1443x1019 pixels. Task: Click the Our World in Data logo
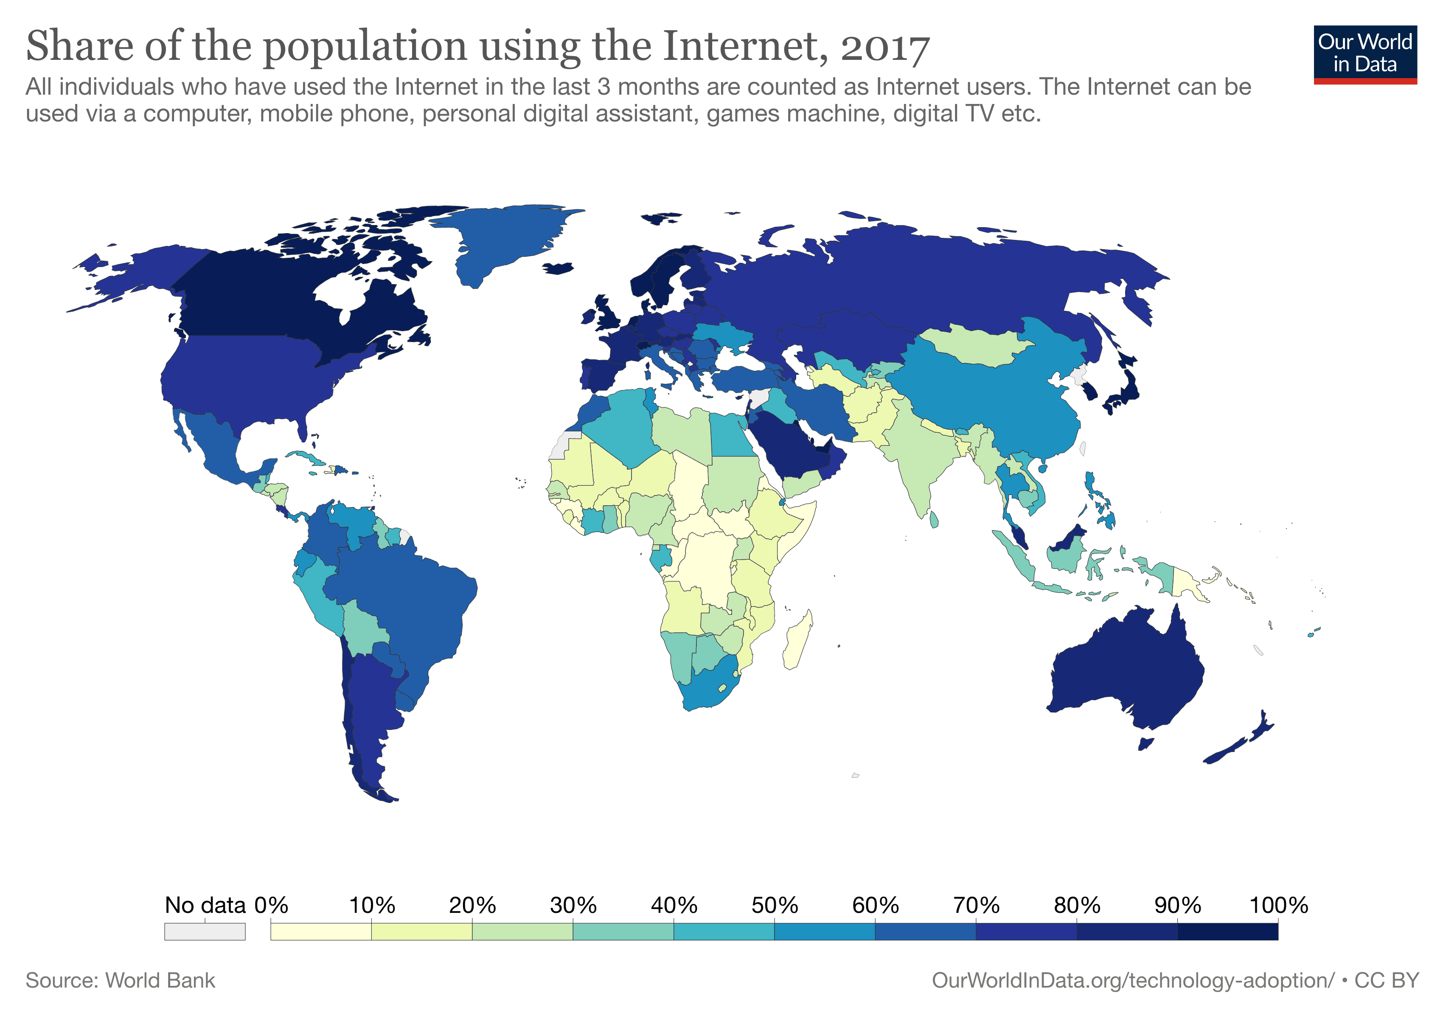tap(1364, 54)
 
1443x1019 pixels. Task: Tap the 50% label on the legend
tap(774, 905)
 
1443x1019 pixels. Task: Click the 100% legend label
tap(1278, 905)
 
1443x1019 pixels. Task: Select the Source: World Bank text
tap(120, 981)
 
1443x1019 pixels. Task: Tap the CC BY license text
tap(1387, 981)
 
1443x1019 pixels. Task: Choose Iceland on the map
tap(558, 268)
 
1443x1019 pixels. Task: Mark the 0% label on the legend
tap(271, 905)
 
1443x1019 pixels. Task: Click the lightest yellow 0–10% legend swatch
tap(320, 931)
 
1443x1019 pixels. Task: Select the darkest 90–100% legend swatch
tap(1227, 931)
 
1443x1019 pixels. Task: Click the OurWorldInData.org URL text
tap(1132, 981)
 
